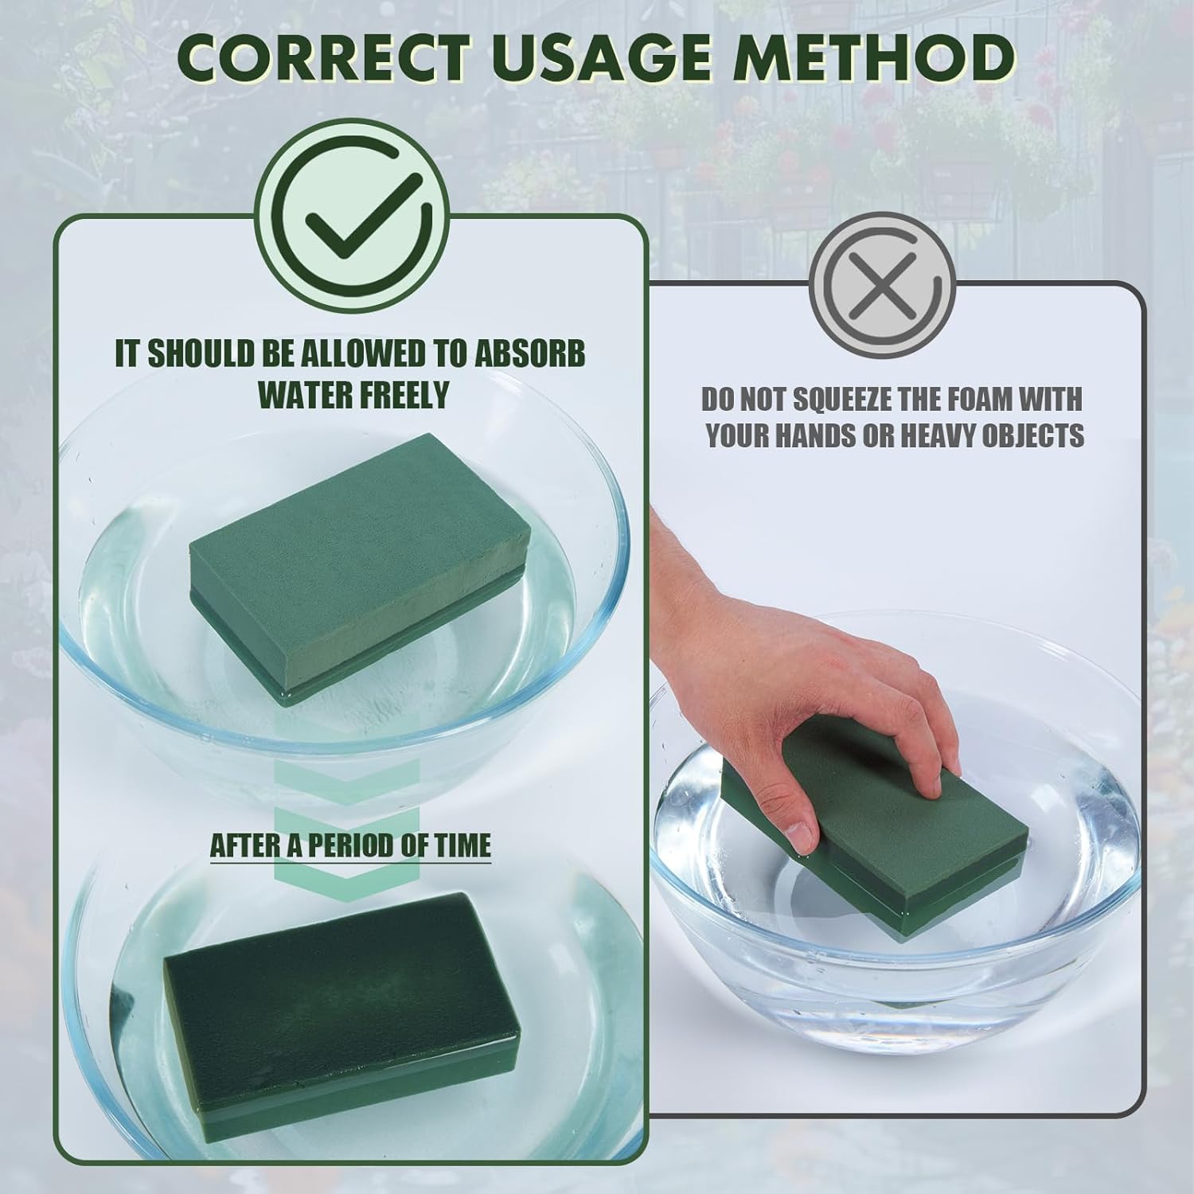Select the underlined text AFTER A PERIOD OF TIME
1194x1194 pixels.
click(350, 845)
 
